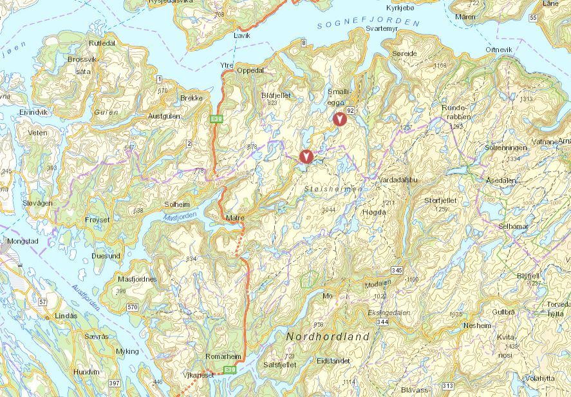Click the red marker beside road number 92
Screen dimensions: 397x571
pos(339,118)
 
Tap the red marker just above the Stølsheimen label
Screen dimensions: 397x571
pos(307,155)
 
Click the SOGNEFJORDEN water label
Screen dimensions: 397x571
pos(368,24)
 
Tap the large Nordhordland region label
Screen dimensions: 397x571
pos(328,336)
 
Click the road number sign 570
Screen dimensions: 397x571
pos(133,307)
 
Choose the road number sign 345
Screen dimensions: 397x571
pos(396,270)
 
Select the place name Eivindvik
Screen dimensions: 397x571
pos(33,112)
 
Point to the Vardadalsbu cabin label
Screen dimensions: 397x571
pos(398,180)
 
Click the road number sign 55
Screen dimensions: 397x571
pos(532,18)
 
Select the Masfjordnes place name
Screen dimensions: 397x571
pos(137,279)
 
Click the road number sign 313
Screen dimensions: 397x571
pos(447,386)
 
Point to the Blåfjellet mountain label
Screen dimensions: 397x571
pos(276,95)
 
